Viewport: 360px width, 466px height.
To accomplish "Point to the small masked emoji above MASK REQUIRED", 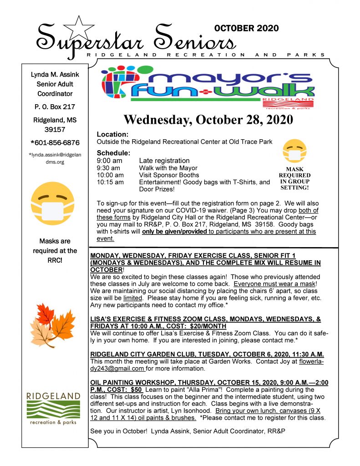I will [294, 152].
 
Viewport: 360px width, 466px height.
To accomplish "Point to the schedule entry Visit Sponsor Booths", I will [169, 175].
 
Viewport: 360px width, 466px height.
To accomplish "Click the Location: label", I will [112, 135].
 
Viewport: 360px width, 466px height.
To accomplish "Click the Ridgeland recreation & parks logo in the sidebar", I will [53, 408].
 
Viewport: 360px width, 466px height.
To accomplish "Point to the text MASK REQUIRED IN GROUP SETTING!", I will [294, 178].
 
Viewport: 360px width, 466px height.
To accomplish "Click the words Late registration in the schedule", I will [164, 160].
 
